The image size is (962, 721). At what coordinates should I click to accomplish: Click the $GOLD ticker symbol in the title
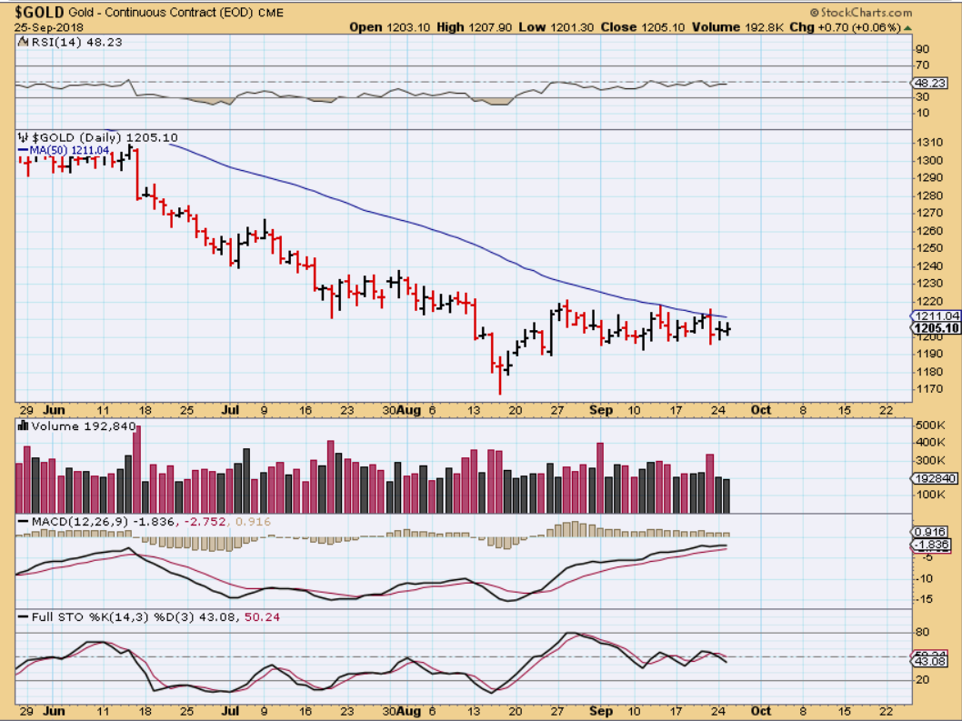coord(39,12)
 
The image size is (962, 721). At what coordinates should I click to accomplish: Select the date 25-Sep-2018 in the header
coord(46,27)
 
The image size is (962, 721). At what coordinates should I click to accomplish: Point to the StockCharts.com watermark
coord(864,13)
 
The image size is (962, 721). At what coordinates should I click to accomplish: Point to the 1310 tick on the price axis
coord(929,143)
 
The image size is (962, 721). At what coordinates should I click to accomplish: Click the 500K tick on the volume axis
coord(931,426)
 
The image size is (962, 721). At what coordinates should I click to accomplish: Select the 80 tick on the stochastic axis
coord(923,632)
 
